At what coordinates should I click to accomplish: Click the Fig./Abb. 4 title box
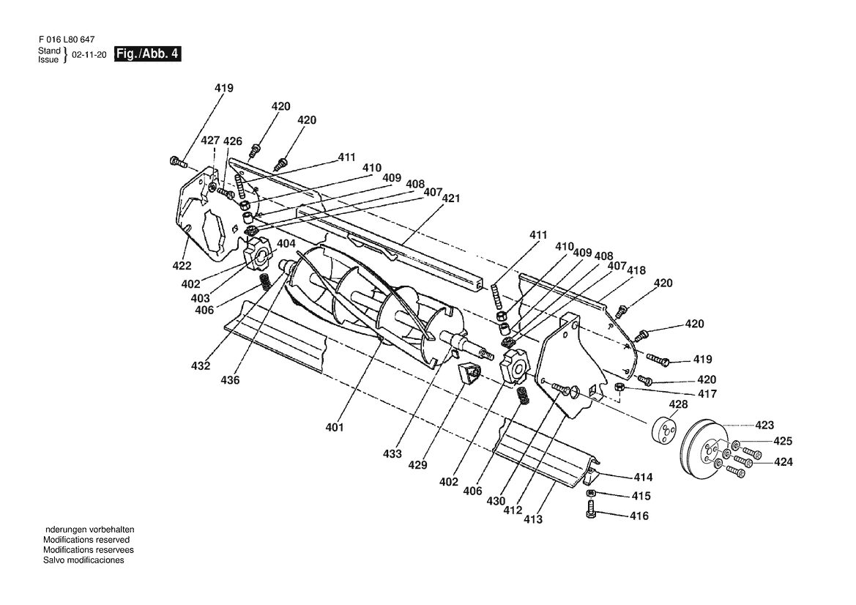(147, 54)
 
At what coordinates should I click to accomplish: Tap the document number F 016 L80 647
(67, 40)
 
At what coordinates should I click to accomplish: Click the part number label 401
(335, 427)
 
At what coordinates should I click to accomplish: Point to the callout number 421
(451, 198)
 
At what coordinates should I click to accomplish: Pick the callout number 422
(182, 265)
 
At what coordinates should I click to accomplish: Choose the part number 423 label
(764, 425)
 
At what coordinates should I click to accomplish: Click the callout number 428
(678, 404)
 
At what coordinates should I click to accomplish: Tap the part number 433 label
(392, 453)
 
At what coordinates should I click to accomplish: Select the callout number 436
(230, 380)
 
